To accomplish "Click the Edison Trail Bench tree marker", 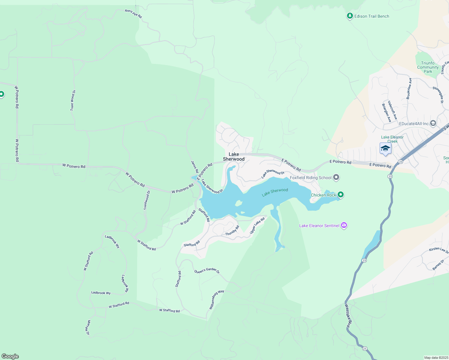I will click(x=350, y=16).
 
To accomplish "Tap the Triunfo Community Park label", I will click(x=428, y=67).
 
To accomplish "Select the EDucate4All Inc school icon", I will click(x=433, y=123).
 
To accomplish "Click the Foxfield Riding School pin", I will click(x=336, y=177).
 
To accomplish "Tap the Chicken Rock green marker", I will click(x=340, y=195).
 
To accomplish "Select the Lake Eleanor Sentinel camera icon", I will click(x=344, y=225).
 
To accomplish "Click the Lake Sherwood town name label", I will click(x=234, y=157).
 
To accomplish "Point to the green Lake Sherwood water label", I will click(x=275, y=192).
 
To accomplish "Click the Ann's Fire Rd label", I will click(x=133, y=13).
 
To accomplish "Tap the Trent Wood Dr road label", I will click(x=73, y=100).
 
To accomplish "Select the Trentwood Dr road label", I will click(x=147, y=200).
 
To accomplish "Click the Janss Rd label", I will click(x=195, y=167).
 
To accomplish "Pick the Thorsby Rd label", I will click(x=232, y=230).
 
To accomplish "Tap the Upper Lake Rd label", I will click(x=257, y=226).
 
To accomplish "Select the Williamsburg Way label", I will click(x=216, y=299).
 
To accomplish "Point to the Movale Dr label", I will click(x=88, y=328).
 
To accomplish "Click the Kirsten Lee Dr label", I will click(x=438, y=250).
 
